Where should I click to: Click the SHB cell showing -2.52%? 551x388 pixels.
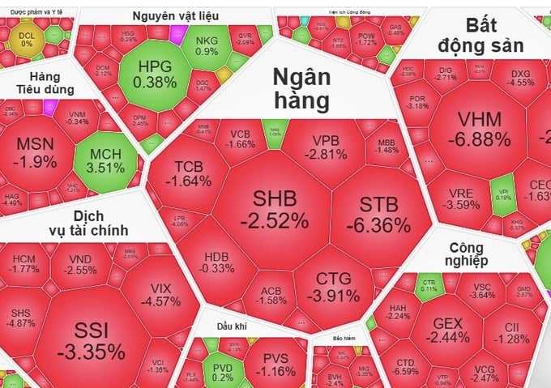tap(280, 208)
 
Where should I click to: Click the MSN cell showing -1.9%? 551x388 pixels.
tap(36, 151)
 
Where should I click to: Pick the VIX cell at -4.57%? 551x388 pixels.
tap(161, 295)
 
